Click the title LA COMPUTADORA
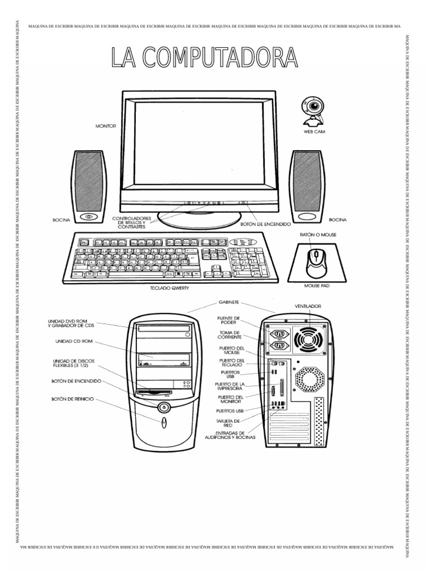(204, 58)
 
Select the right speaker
(306, 186)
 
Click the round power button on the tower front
(163, 407)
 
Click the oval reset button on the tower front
(163, 422)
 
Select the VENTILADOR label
(308, 307)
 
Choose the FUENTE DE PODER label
(230, 320)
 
